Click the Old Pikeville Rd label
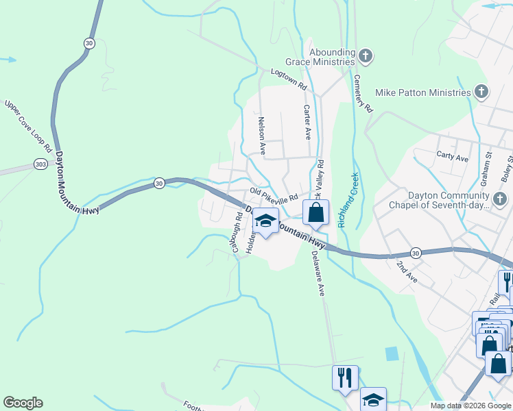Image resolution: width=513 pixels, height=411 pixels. click(274, 195)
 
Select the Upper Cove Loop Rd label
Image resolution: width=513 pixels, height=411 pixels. click(28, 126)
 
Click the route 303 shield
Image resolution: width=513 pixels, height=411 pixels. click(40, 165)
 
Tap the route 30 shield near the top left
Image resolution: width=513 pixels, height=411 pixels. click(89, 43)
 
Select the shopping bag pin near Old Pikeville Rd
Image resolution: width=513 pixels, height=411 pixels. click(315, 212)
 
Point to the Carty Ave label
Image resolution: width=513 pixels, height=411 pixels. click(452, 156)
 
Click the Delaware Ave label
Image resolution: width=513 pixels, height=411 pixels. click(318, 272)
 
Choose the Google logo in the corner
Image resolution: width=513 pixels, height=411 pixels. click(23, 403)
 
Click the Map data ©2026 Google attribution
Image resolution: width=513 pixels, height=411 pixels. click(470, 406)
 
